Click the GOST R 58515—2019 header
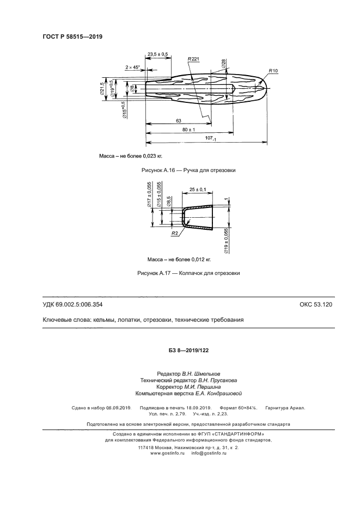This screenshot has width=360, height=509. (72, 37)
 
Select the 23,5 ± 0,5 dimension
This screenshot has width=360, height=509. (157, 54)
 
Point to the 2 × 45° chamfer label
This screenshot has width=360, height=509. (132, 67)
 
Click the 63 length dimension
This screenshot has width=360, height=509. (178, 120)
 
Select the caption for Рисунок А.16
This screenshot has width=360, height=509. (188, 170)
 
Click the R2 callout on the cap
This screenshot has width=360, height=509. (175, 232)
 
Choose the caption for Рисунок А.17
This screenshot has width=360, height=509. (188, 273)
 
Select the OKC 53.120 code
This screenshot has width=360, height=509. (315, 304)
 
